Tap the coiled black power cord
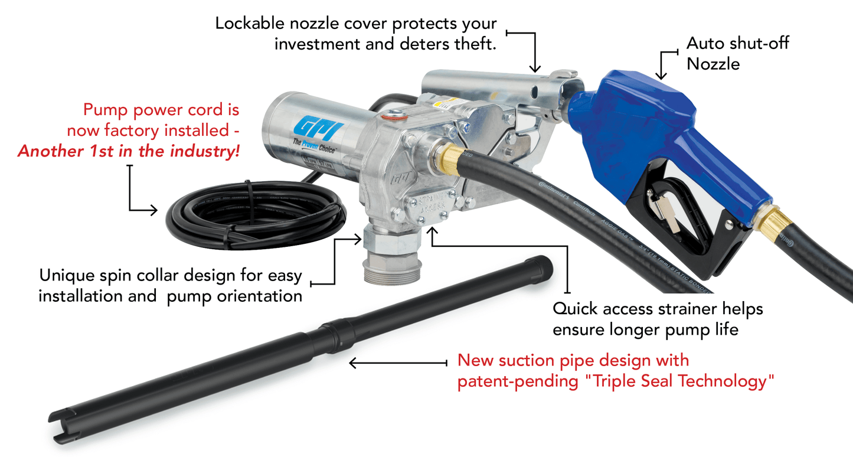point(254,213)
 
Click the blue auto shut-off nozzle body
point(638,118)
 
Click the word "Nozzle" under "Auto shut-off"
point(713,64)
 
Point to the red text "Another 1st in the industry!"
point(129,151)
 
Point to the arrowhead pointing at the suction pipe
point(353,363)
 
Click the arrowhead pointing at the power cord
point(155,210)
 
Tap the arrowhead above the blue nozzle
point(661,75)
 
